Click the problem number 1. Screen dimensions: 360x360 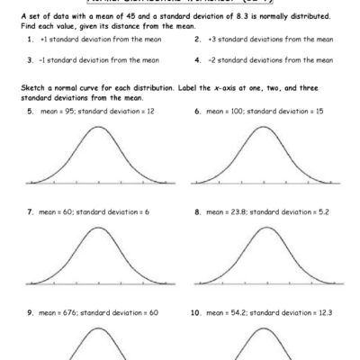(x=31, y=40)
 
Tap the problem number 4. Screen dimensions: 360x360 (x=197, y=59)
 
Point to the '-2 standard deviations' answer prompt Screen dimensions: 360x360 (x=270, y=59)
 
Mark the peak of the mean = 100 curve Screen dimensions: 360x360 (x=263, y=127)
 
